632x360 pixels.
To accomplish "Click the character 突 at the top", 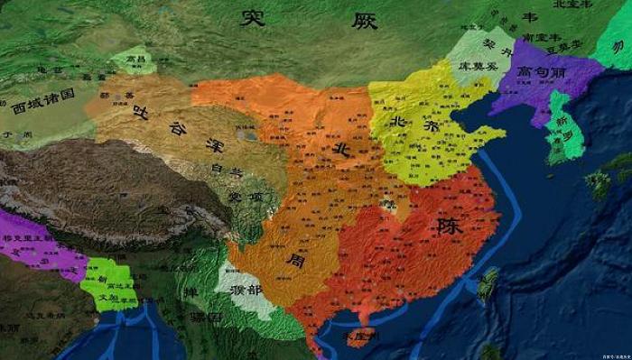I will click(254, 17).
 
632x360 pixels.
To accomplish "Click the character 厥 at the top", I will click(365, 20).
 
